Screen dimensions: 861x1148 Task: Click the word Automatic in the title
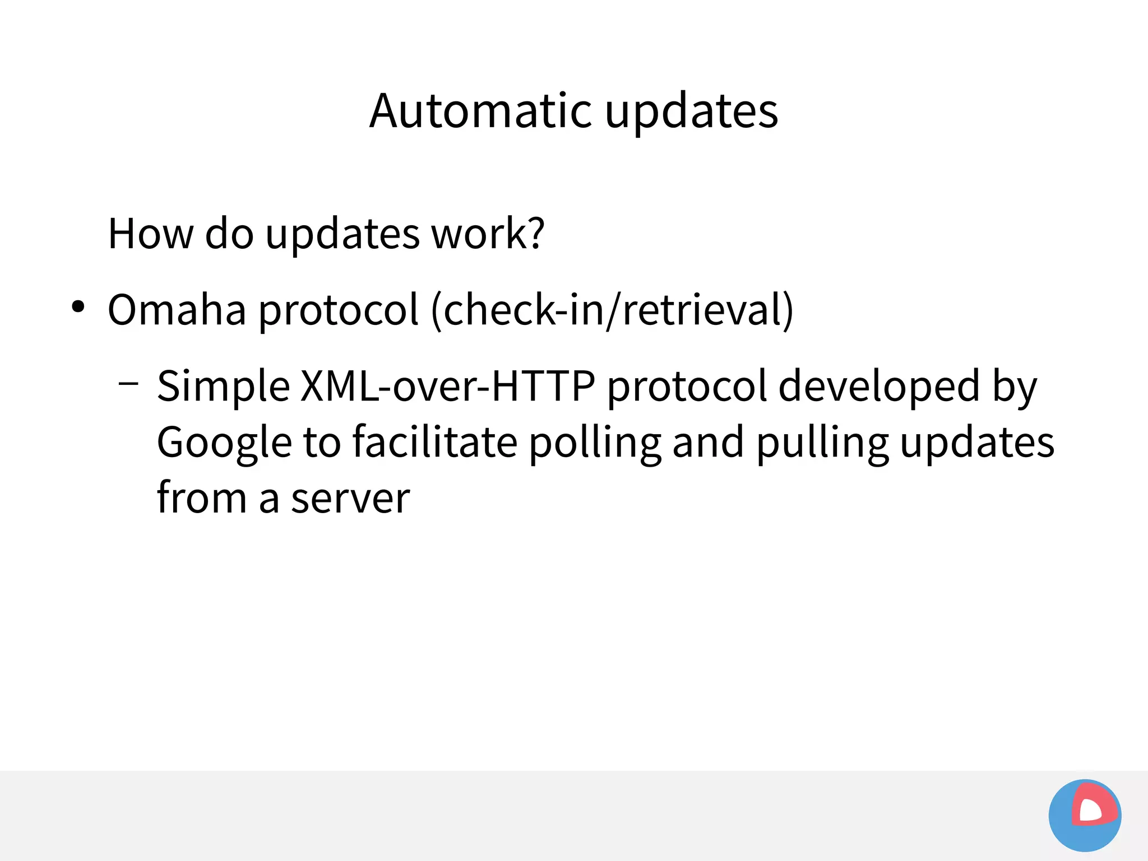(480, 111)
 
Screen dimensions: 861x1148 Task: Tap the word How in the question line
(150, 234)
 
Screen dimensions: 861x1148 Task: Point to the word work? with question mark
(487, 234)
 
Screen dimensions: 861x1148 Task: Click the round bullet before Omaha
(78, 307)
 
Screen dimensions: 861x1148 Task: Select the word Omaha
(177, 310)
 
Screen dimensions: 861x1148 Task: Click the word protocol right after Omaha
(338, 310)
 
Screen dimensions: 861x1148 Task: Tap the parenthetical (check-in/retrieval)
(612, 310)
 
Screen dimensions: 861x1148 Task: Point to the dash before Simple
(128, 384)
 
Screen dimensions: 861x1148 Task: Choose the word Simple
(223, 387)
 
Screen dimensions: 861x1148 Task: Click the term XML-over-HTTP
(447, 386)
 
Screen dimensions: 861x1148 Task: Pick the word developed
(878, 386)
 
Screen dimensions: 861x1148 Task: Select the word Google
(224, 443)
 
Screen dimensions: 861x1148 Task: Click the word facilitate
(435, 441)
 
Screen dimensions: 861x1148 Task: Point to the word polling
(595, 443)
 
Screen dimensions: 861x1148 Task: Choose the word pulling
(822, 443)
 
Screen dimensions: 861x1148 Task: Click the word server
(350, 499)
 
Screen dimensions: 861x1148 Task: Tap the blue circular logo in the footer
(1085, 815)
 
